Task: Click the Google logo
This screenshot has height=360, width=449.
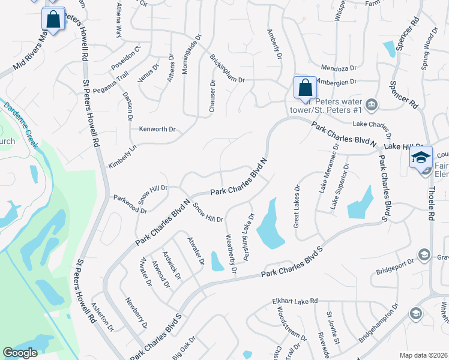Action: [x=20, y=353]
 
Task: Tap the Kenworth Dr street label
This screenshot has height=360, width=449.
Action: [x=157, y=129]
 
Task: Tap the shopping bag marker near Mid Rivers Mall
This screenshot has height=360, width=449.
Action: [x=53, y=19]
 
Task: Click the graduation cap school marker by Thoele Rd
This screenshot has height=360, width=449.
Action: [x=421, y=158]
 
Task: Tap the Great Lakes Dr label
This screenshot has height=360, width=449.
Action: [x=296, y=206]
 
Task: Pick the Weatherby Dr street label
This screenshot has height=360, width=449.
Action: [x=231, y=254]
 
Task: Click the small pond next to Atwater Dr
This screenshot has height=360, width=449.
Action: [x=217, y=261]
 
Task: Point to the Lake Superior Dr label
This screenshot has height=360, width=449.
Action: [x=337, y=187]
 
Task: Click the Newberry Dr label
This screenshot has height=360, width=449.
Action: [x=136, y=313]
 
